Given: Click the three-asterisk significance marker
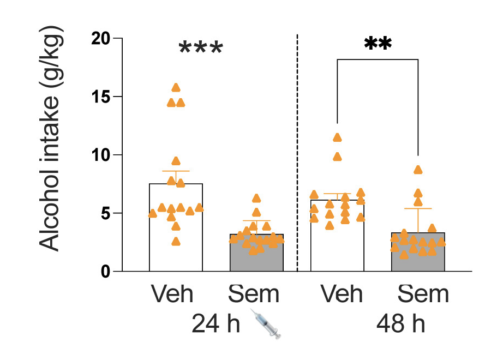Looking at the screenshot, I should (x=201, y=48).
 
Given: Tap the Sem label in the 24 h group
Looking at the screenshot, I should (x=254, y=294).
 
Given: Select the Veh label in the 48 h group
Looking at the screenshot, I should (x=341, y=294).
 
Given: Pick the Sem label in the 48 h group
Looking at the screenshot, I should (x=423, y=294).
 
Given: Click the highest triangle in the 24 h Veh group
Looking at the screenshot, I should (x=176, y=88).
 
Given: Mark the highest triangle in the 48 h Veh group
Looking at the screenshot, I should (x=337, y=137).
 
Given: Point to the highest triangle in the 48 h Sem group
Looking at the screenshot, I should (x=418, y=170).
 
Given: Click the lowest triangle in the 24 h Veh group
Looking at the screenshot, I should (x=176, y=242).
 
